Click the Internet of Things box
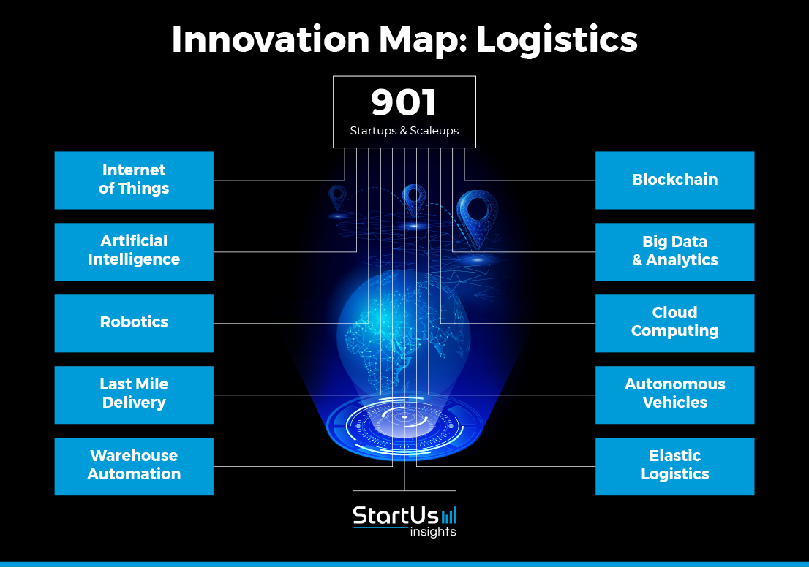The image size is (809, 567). (134, 180)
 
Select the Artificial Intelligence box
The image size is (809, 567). (134, 252)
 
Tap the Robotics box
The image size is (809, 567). (134, 324)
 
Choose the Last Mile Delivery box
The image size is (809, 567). (134, 395)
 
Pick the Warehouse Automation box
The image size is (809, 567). (134, 466)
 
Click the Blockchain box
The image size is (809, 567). (675, 180)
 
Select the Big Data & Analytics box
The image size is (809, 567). (675, 252)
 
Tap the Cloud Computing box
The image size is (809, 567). (675, 324)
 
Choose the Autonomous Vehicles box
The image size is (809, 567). (675, 395)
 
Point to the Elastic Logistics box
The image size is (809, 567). (675, 466)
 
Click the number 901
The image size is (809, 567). (404, 102)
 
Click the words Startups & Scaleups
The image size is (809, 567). (404, 131)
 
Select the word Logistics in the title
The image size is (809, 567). (557, 40)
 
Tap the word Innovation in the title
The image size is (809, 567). (271, 39)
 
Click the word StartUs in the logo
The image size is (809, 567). (396, 515)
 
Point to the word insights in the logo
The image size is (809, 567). (433, 532)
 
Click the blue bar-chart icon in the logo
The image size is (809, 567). (449, 515)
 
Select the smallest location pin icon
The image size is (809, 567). (337, 198)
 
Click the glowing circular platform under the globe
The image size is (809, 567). (404, 426)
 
